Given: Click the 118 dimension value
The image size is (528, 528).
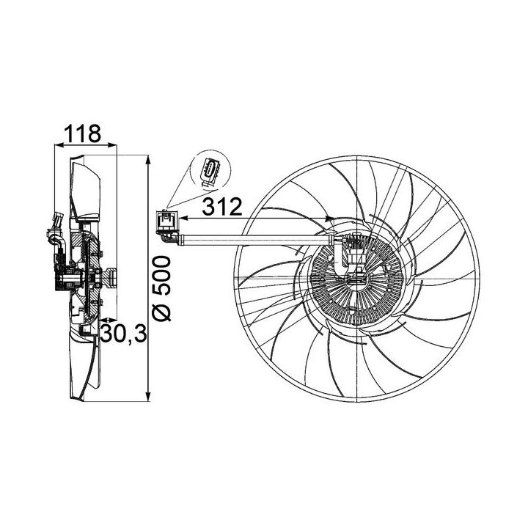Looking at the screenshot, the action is click(82, 133).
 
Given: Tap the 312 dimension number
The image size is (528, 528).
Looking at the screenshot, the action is click(222, 206).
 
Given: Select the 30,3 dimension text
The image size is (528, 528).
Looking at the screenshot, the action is click(124, 334).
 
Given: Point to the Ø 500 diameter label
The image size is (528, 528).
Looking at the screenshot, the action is click(161, 288).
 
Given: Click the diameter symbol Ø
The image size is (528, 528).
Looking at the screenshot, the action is click(161, 312).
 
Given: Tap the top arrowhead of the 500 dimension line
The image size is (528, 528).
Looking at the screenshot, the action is click(148, 161).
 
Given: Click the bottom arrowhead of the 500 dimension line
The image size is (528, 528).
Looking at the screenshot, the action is click(148, 396).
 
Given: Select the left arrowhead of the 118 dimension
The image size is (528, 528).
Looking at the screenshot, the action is click(59, 144).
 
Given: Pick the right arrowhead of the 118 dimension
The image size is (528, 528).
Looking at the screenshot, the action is click(112, 144).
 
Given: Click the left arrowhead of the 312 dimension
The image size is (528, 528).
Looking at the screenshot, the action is click(183, 219).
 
